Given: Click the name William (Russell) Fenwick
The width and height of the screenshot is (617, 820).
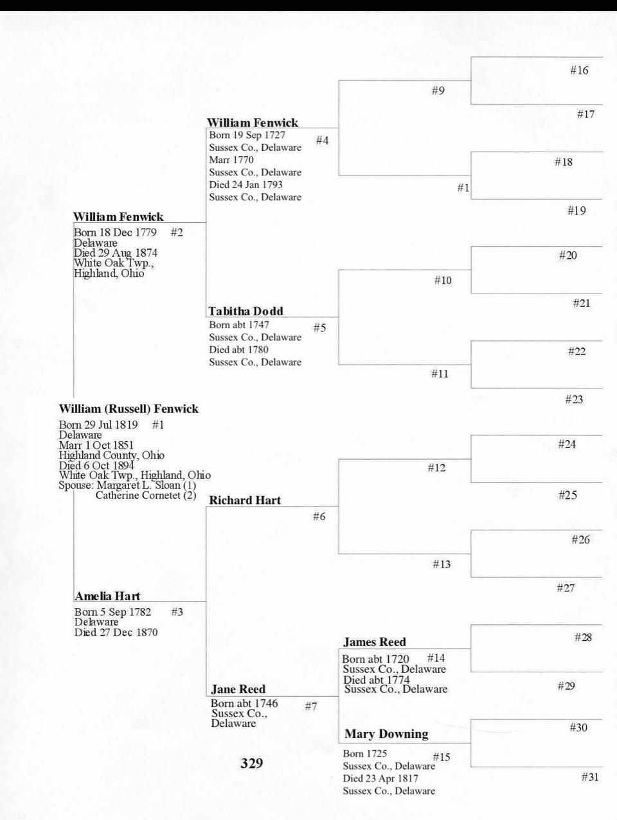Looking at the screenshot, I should click(x=129, y=409).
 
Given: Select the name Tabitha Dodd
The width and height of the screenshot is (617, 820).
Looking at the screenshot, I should click(x=246, y=311).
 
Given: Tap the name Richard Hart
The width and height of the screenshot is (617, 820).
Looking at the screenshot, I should click(x=245, y=500).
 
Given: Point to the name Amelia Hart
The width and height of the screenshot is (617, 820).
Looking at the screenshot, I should click(x=107, y=597).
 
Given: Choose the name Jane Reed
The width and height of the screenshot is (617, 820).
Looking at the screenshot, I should click(x=238, y=690).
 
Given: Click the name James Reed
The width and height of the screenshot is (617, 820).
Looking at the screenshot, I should click(x=375, y=642).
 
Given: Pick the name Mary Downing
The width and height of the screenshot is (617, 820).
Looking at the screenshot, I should click(x=386, y=734).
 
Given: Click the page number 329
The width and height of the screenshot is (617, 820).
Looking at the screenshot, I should click(x=252, y=763).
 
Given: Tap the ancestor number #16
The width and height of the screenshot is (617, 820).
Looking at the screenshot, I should click(x=579, y=71).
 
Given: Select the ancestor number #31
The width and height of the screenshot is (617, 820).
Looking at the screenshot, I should click(x=590, y=777).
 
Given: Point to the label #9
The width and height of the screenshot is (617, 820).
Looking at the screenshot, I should click(x=438, y=91).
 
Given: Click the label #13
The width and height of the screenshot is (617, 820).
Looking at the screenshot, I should click(x=442, y=564).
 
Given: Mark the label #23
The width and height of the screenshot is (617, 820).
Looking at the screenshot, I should click(x=574, y=399).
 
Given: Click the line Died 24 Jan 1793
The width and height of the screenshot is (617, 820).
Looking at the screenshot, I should click(x=246, y=185).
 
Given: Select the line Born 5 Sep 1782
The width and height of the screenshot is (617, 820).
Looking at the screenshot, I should click(x=112, y=612).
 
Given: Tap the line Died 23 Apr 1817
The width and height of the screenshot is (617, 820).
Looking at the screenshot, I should click(x=380, y=778).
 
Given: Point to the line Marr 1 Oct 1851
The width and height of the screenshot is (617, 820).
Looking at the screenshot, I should click(x=96, y=445).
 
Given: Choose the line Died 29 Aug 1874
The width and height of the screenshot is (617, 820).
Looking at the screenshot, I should click(x=116, y=253).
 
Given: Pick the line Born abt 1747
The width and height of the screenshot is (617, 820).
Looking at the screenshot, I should click(x=239, y=325).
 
